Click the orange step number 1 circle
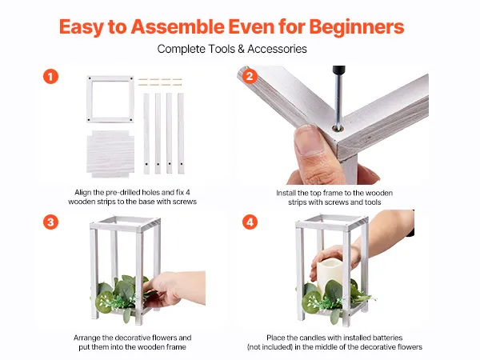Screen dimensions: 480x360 pyautogui.click(x=51, y=77)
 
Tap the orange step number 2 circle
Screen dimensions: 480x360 pyautogui.click(x=250, y=76)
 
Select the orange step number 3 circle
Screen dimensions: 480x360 pyautogui.click(x=51, y=222)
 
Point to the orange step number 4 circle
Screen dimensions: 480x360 pyautogui.click(x=250, y=222)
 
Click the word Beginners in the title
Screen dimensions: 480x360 pyautogui.click(x=357, y=27)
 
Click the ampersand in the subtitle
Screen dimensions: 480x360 pyautogui.click(x=242, y=49)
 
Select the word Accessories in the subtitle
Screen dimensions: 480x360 pyautogui.click(x=277, y=49)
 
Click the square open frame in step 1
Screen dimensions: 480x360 pyautogui.click(x=110, y=78)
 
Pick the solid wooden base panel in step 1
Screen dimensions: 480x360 pyautogui.click(x=110, y=154)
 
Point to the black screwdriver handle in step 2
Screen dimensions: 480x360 pyautogui.click(x=338, y=70)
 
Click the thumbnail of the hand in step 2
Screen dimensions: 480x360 pyautogui.click(x=309, y=142)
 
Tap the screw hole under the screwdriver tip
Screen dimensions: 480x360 pyautogui.click(x=338, y=129)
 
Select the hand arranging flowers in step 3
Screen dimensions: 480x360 pyautogui.click(x=174, y=289)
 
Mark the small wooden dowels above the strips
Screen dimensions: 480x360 pyautogui.click(x=160, y=82)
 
